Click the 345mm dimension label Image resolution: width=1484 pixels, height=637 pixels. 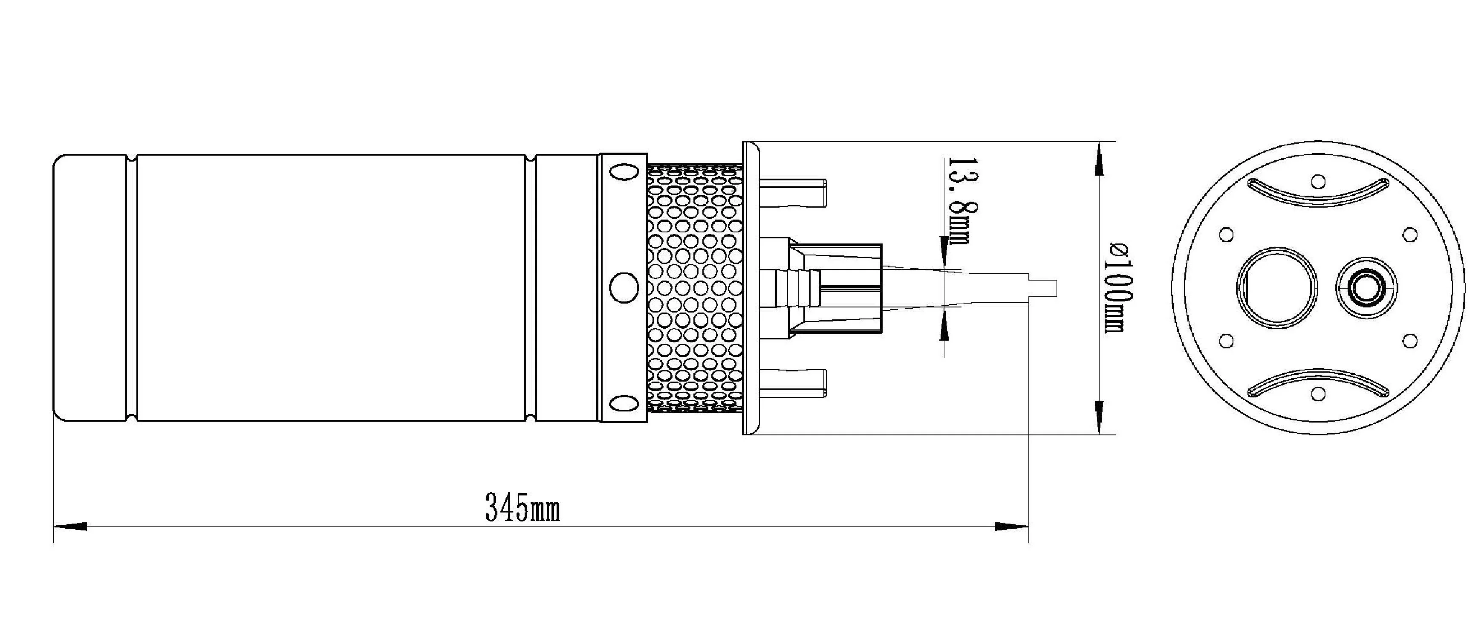click(522, 508)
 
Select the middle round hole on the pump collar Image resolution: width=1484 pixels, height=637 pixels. click(624, 287)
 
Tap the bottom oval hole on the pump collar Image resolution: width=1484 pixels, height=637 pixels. click(624, 403)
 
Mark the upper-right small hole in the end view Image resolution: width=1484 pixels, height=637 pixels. click(1410, 235)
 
